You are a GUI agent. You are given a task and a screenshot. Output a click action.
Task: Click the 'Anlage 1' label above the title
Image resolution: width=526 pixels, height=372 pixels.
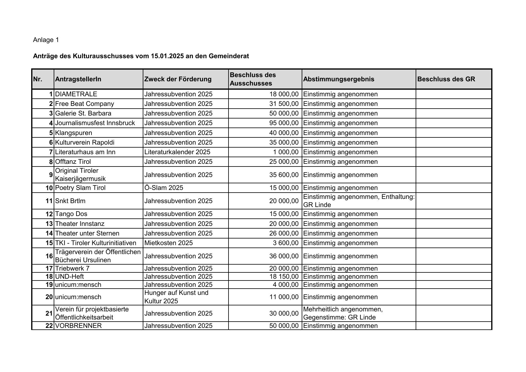point(46,40)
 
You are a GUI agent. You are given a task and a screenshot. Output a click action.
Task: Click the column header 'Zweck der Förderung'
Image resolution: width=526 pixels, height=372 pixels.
point(178,79)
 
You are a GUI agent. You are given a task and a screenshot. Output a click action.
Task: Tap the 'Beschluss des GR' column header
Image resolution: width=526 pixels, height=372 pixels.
point(446,79)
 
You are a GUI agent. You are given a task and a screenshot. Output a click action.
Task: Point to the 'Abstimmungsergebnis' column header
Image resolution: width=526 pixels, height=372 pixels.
point(339,79)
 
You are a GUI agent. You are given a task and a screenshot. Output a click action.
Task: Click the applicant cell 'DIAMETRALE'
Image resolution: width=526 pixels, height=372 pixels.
point(76,94)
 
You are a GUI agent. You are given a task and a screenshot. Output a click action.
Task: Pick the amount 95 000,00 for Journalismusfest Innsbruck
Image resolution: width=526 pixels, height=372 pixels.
point(284,123)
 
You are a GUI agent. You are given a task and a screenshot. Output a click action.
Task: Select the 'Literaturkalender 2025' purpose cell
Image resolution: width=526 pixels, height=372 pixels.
point(177,152)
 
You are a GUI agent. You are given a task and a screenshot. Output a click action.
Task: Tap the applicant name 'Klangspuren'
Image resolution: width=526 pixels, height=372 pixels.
point(73,133)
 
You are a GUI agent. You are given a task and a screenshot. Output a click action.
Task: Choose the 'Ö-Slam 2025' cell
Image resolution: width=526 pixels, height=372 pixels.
point(164,188)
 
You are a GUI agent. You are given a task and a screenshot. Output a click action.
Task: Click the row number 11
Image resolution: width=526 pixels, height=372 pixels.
point(49,201)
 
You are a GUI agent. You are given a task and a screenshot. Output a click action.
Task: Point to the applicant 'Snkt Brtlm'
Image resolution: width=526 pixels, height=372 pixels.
point(70,201)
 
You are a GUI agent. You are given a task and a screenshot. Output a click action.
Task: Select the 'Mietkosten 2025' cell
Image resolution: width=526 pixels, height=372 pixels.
point(169,243)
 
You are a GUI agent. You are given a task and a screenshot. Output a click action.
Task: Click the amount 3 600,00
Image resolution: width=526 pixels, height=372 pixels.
point(285,243)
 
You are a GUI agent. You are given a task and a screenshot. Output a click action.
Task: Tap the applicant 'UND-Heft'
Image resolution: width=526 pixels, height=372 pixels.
point(70,277)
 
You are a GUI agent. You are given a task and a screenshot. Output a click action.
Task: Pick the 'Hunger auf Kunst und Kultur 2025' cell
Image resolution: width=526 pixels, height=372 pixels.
point(176,297)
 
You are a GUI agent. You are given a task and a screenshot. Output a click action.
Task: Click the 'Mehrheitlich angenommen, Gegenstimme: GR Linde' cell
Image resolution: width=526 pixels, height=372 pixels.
point(343,313)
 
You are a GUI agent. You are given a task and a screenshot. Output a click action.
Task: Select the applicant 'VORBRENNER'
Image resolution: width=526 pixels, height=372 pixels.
point(79,326)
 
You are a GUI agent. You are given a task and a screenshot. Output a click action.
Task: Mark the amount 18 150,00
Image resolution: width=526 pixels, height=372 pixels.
point(284,277)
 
